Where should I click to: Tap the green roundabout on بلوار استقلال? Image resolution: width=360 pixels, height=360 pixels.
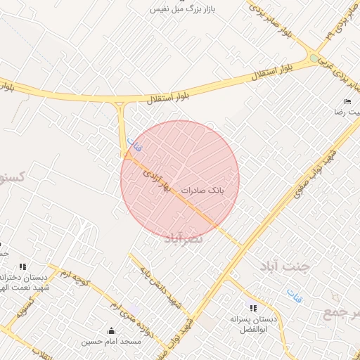(314, 58)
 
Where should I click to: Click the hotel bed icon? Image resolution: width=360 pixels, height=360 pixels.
(347, 102)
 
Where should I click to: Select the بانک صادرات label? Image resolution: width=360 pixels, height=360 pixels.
(202, 191)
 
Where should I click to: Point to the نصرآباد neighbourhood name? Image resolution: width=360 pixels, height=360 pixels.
(184, 238)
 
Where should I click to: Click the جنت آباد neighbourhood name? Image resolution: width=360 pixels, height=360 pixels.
(295, 266)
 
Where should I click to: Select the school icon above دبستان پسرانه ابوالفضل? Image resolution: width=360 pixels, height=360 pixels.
(253, 308)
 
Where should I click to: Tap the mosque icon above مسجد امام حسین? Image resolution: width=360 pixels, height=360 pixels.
(111, 330)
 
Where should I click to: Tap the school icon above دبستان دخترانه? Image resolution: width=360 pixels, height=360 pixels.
(22, 267)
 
